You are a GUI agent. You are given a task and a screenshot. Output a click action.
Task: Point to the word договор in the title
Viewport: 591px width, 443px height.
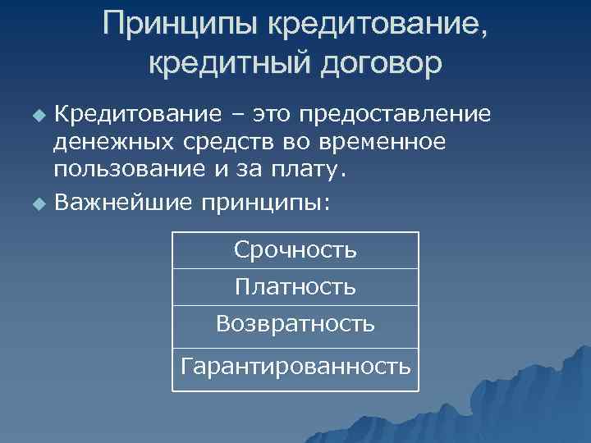point(374,63)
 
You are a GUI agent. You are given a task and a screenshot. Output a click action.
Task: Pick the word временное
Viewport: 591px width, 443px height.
point(385,141)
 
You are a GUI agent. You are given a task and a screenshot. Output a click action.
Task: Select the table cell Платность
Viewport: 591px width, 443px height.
point(295,287)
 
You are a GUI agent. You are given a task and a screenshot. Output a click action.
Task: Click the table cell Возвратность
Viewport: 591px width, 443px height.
point(295,324)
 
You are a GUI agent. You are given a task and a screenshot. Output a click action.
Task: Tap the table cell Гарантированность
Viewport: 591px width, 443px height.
point(295,364)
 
